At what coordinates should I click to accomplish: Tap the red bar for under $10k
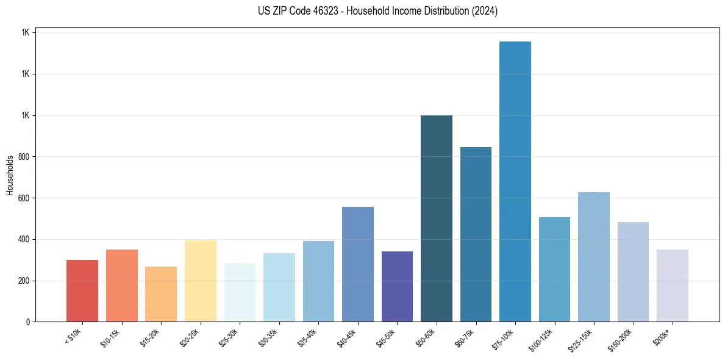pyautogui.click(x=82, y=290)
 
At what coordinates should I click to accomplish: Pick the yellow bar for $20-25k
pyautogui.click(x=201, y=281)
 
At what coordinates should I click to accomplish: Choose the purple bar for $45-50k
pyautogui.click(x=397, y=286)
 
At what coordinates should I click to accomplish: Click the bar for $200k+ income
pyautogui.click(x=672, y=286)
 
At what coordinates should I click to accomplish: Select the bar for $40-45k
pyautogui.click(x=358, y=264)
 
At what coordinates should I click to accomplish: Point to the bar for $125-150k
pyautogui.click(x=593, y=257)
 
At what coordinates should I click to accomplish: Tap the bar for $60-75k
pyautogui.click(x=476, y=234)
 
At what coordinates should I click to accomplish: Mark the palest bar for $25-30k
pyautogui.click(x=240, y=292)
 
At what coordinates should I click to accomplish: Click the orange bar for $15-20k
pyautogui.click(x=161, y=294)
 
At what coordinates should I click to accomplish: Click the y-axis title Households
pyautogui.click(x=10, y=175)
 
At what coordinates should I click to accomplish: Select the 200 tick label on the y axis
pyautogui.click(x=24, y=281)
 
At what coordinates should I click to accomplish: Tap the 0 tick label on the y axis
pyautogui.click(x=28, y=322)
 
